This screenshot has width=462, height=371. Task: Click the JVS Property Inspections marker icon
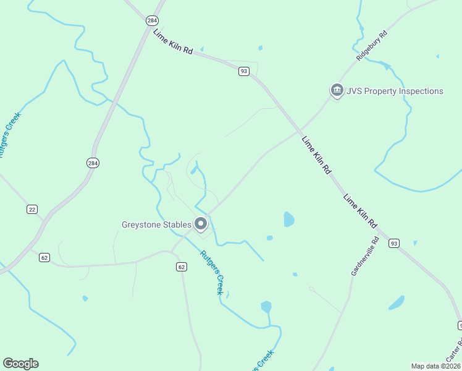tap(337, 91)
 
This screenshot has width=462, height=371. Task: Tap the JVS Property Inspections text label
tap(395, 92)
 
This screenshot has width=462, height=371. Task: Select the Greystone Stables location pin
tap(201, 224)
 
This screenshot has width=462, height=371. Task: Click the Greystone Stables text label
tap(156, 224)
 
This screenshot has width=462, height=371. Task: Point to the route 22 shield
tap(32, 210)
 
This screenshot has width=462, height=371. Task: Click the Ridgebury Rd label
tap(371, 45)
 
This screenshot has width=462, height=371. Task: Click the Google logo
tap(21, 364)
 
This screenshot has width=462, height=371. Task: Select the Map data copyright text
tap(436, 366)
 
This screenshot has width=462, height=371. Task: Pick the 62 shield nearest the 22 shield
tap(44, 257)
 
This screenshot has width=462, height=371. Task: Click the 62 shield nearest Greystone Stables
tap(181, 267)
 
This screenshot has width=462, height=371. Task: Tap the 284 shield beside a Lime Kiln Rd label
tap(152, 21)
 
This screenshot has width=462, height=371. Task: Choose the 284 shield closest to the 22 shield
tap(92, 163)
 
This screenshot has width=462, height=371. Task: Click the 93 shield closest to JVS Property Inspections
tap(244, 72)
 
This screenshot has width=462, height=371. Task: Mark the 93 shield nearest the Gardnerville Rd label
tap(393, 244)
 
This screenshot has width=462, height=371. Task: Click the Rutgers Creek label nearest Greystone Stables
tap(211, 272)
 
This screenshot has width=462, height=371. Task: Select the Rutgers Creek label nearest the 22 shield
tap(10, 135)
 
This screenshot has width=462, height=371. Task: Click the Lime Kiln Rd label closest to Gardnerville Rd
tap(360, 210)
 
